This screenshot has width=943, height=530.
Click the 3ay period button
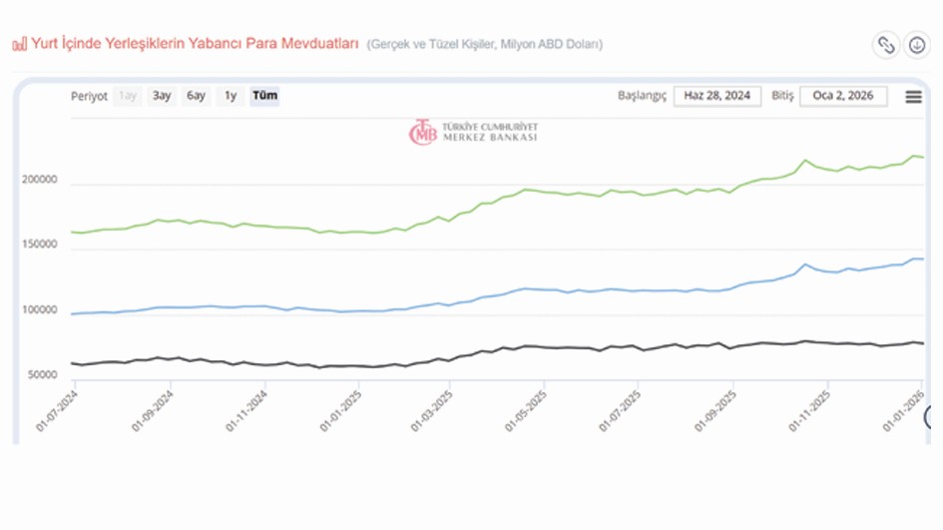point(162,96)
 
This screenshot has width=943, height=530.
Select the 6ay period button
point(196,96)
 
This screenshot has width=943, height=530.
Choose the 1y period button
point(231,96)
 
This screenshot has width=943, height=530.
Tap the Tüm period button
point(264,96)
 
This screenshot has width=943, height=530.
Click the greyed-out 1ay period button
point(128,96)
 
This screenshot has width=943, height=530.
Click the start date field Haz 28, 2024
point(716,96)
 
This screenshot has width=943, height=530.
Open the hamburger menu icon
point(913,97)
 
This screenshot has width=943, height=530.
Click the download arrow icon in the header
point(916,45)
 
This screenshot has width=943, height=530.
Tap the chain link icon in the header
point(885,45)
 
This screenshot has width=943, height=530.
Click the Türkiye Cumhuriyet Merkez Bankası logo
point(473,133)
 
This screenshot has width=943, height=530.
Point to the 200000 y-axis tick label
point(40,182)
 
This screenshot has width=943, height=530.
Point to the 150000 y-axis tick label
point(40,246)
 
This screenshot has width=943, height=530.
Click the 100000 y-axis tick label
point(40,311)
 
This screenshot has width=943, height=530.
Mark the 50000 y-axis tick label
point(43,375)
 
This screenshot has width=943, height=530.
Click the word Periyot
point(89,97)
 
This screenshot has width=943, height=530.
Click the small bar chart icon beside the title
point(19,45)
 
